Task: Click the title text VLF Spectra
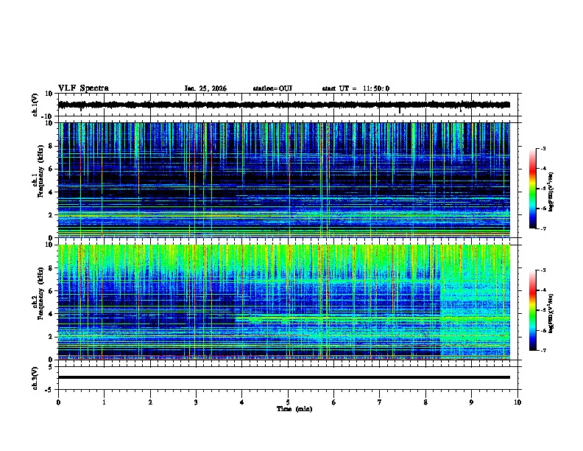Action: tap(83, 88)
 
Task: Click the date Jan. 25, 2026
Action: tap(205, 88)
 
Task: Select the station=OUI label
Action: tap(272, 88)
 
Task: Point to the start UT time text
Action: tap(356, 88)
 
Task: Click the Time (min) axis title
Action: tap(294, 408)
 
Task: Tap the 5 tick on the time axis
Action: tap(288, 402)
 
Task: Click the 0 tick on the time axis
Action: tap(58, 402)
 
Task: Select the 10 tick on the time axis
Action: tap(517, 402)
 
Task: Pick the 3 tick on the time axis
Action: tap(196, 402)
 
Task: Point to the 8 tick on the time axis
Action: tap(425, 402)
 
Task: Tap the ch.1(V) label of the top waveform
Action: tap(35, 105)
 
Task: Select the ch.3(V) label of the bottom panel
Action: tap(35, 376)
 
